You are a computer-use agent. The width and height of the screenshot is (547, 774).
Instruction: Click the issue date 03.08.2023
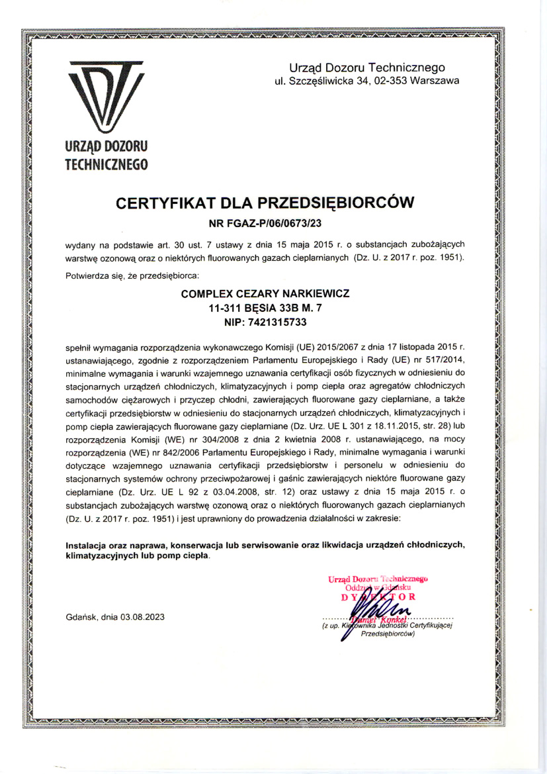click(142, 616)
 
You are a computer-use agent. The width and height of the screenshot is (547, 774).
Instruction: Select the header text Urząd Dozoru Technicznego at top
click(367, 68)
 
